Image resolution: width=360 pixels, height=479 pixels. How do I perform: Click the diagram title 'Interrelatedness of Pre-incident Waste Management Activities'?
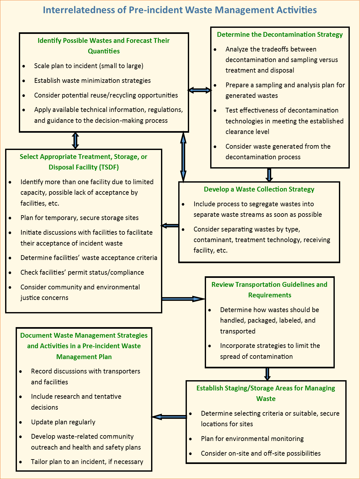tap(180, 10)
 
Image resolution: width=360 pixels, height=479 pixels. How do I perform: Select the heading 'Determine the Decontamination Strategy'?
tap(280, 35)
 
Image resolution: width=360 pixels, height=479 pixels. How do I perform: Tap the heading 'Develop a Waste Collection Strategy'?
tap(259, 189)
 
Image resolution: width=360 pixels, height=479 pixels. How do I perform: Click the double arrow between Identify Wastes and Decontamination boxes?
tap(200, 90)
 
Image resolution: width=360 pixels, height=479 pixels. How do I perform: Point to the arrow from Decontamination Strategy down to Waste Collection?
tap(269, 175)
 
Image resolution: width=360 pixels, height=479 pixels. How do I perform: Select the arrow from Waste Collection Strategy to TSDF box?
tap(170, 226)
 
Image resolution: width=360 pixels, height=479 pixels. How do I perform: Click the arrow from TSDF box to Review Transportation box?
tap(183, 299)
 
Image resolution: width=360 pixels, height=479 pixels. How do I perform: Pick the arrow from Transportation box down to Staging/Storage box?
tap(267, 374)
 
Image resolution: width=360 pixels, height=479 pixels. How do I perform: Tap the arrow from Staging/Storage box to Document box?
tap(169, 417)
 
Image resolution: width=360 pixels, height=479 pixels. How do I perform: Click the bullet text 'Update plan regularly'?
tap(63, 422)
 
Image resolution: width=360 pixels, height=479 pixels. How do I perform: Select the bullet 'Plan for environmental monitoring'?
tap(252, 439)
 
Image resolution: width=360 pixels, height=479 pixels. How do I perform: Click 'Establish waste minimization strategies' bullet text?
tap(92, 81)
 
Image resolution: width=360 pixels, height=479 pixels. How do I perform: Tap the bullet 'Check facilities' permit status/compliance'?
tap(82, 272)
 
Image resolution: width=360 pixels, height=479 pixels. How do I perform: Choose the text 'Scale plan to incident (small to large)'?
tap(88, 66)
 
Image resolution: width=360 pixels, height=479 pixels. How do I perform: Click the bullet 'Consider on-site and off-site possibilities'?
tap(261, 453)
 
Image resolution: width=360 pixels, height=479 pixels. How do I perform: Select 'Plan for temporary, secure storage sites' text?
tap(79, 218)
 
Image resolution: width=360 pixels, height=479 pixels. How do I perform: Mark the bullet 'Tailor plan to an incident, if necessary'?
tap(87, 462)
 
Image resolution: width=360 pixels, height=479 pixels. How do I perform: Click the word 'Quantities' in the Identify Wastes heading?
tap(104, 51)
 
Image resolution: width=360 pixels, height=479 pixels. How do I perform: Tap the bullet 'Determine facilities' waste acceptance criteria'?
tap(89, 258)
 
